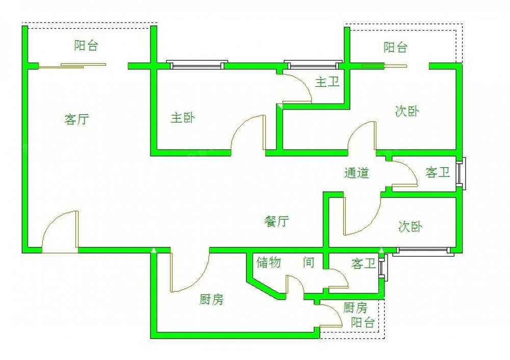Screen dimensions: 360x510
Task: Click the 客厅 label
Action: coord(77,120)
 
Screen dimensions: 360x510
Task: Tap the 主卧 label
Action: coord(182,118)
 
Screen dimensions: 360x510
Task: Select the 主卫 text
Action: coord(327,82)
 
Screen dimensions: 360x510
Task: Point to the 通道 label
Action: coord(356,173)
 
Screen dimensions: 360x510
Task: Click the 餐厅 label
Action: coord(277,221)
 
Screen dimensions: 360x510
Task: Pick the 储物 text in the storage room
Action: coord(269,263)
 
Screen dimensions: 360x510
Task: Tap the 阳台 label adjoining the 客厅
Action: coord(86,46)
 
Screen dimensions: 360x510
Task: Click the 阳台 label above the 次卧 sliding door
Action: coord(395,48)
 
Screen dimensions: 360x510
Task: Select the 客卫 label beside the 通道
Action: coord(438,173)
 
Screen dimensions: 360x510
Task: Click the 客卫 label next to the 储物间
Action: coord(363,264)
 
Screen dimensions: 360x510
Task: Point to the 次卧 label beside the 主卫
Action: coord(407,111)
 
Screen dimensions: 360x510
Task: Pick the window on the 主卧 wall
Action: coord(197,65)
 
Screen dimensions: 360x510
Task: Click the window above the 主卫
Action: coord(313,65)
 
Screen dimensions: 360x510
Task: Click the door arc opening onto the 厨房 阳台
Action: coord(332,314)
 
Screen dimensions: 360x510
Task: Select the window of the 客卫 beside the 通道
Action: coord(461,173)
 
